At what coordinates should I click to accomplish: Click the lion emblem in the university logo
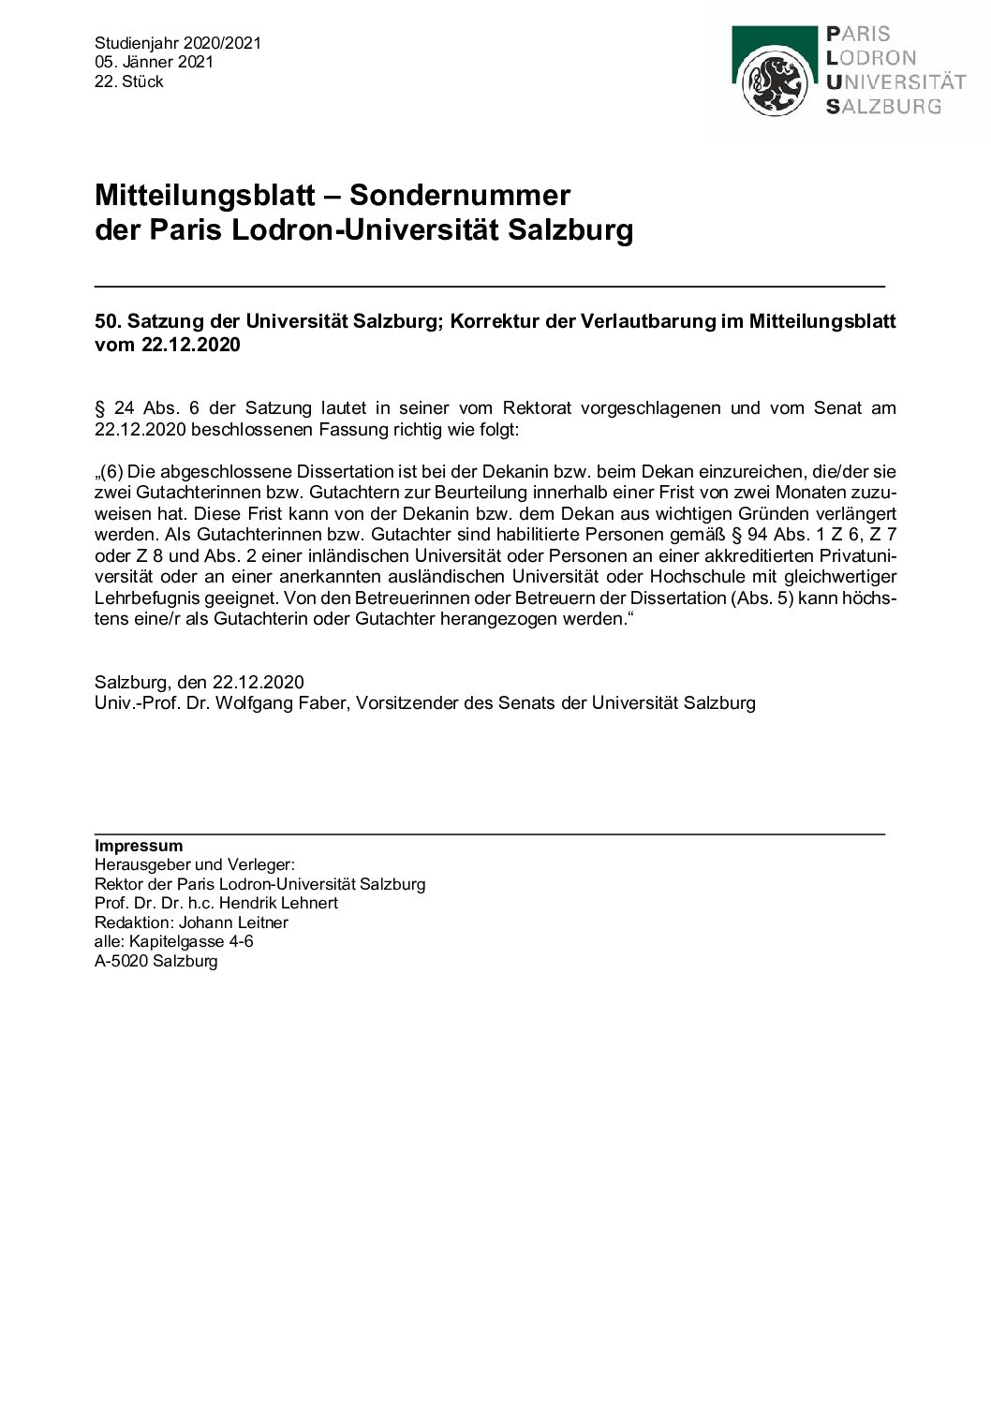[x=774, y=82]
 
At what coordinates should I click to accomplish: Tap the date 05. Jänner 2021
[x=154, y=62]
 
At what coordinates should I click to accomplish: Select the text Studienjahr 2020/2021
[x=178, y=43]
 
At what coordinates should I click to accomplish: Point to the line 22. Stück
[x=129, y=81]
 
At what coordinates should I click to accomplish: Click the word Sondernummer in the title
[x=460, y=196]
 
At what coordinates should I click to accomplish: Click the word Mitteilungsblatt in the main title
[x=204, y=196]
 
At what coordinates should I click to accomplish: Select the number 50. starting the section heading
[x=108, y=321]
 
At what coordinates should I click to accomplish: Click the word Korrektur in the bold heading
[x=491, y=321]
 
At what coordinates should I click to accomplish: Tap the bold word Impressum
[x=139, y=847]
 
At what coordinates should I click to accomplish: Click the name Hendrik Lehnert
[x=278, y=904]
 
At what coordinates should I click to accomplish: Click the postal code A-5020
[x=122, y=961]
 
